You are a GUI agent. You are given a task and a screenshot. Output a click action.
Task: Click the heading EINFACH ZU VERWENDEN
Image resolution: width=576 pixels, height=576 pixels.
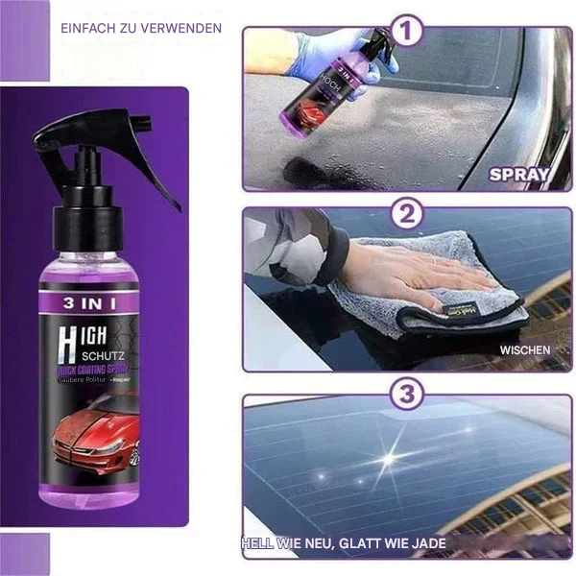pyautogui.click(x=141, y=28)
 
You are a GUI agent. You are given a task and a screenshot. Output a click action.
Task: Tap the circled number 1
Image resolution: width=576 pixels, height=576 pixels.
pyautogui.click(x=408, y=33)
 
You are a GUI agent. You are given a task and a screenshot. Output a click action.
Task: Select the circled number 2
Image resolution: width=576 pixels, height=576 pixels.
pyautogui.click(x=408, y=213)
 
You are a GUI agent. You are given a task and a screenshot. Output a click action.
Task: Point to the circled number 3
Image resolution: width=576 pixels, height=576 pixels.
pyautogui.click(x=408, y=395)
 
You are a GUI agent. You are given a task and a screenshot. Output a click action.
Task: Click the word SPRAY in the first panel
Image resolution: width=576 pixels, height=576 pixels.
pyautogui.click(x=518, y=175)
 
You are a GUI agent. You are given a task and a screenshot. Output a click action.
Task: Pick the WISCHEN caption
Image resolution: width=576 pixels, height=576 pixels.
pyautogui.click(x=524, y=350)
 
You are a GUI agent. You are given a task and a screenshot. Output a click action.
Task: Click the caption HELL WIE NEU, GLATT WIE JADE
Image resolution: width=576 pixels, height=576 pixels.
pyautogui.click(x=345, y=543)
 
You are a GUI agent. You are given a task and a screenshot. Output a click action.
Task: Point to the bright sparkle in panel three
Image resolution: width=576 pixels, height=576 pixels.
pyautogui.click(x=388, y=458)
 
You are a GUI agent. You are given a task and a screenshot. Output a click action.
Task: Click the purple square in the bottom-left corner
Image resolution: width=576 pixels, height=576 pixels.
pyautogui.click(x=24, y=554)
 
